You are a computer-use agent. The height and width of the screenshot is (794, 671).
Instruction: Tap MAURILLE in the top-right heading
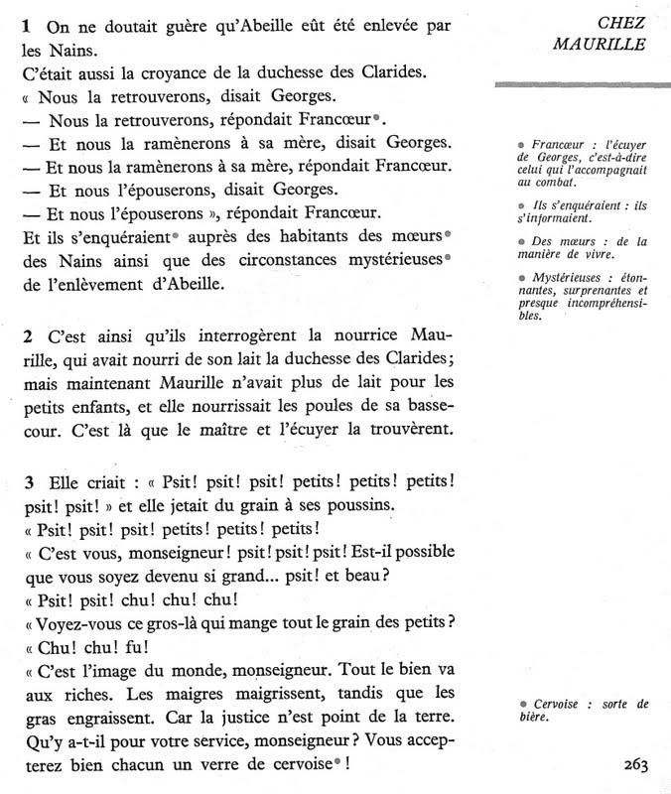pos(600,44)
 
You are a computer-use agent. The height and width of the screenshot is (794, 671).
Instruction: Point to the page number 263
pos(636,763)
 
